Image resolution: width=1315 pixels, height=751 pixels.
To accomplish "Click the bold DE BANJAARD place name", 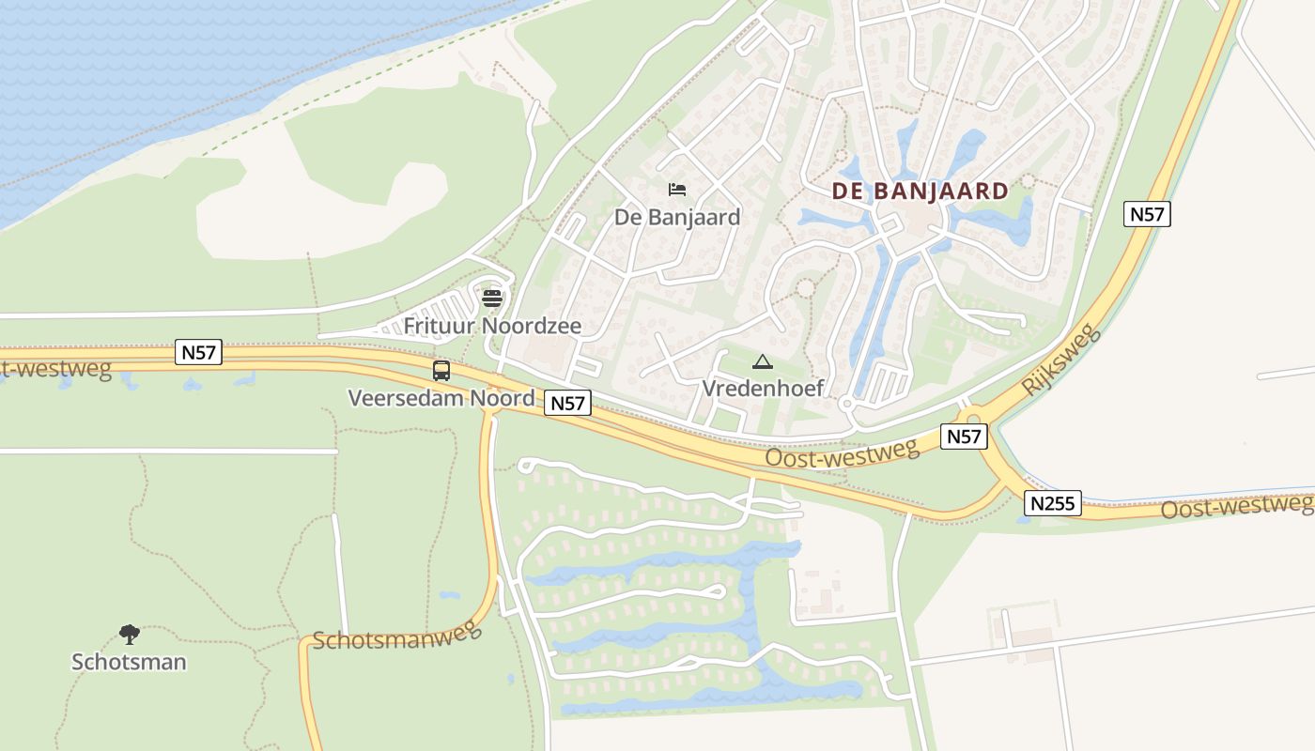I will tap(920, 192).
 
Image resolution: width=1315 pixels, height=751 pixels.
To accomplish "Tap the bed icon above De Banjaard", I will tap(676, 190).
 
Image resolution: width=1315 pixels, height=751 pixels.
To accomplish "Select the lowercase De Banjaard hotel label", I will tap(676, 218).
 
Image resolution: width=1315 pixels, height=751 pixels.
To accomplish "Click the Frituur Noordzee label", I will tap(492, 326).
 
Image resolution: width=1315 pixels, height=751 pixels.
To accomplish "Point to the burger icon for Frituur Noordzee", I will tap(492, 299).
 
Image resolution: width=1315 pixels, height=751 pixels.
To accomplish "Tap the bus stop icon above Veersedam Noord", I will tap(441, 370).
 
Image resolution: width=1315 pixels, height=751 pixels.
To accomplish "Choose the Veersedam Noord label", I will tap(441, 398).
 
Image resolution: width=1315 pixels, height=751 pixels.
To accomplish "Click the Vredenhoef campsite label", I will tap(763, 388).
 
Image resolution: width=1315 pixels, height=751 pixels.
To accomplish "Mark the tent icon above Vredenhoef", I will tap(763, 362).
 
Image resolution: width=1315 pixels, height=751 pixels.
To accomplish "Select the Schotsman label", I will tap(129, 662).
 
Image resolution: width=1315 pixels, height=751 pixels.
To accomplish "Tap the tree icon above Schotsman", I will tap(129, 635).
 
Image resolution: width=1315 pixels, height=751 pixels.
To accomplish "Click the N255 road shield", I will tap(1054, 503).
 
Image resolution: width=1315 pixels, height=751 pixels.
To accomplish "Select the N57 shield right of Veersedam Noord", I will tap(567, 404).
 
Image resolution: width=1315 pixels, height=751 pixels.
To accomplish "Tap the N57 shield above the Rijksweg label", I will tap(1147, 214).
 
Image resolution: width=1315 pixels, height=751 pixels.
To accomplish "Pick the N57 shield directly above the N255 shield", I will tap(965, 437).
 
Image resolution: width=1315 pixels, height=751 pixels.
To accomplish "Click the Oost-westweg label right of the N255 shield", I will tap(1236, 506).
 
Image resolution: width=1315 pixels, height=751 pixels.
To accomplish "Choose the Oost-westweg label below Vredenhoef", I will tap(842, 454).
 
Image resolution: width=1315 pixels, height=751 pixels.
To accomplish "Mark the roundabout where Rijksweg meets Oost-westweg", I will tap(974, 420).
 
